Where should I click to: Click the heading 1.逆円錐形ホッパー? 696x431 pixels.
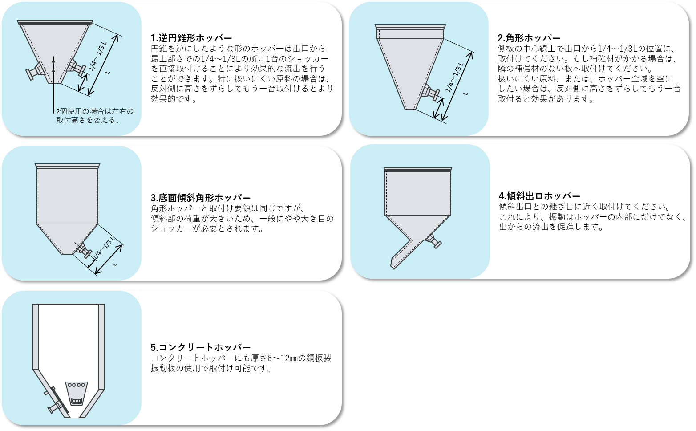click(x=191, y=38)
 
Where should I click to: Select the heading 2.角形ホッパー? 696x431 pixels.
click(x=529, y=38)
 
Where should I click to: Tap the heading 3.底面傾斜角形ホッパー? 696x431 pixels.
click(x=201, y=198)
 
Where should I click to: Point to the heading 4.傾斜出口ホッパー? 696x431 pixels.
click(x=539, y=196)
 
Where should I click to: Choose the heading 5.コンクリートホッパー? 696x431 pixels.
click(x=201, y=347)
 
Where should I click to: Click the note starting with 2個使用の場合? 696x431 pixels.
click(x=94, y=116)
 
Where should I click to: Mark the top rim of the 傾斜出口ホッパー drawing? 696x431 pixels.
click(x=418, y=170)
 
